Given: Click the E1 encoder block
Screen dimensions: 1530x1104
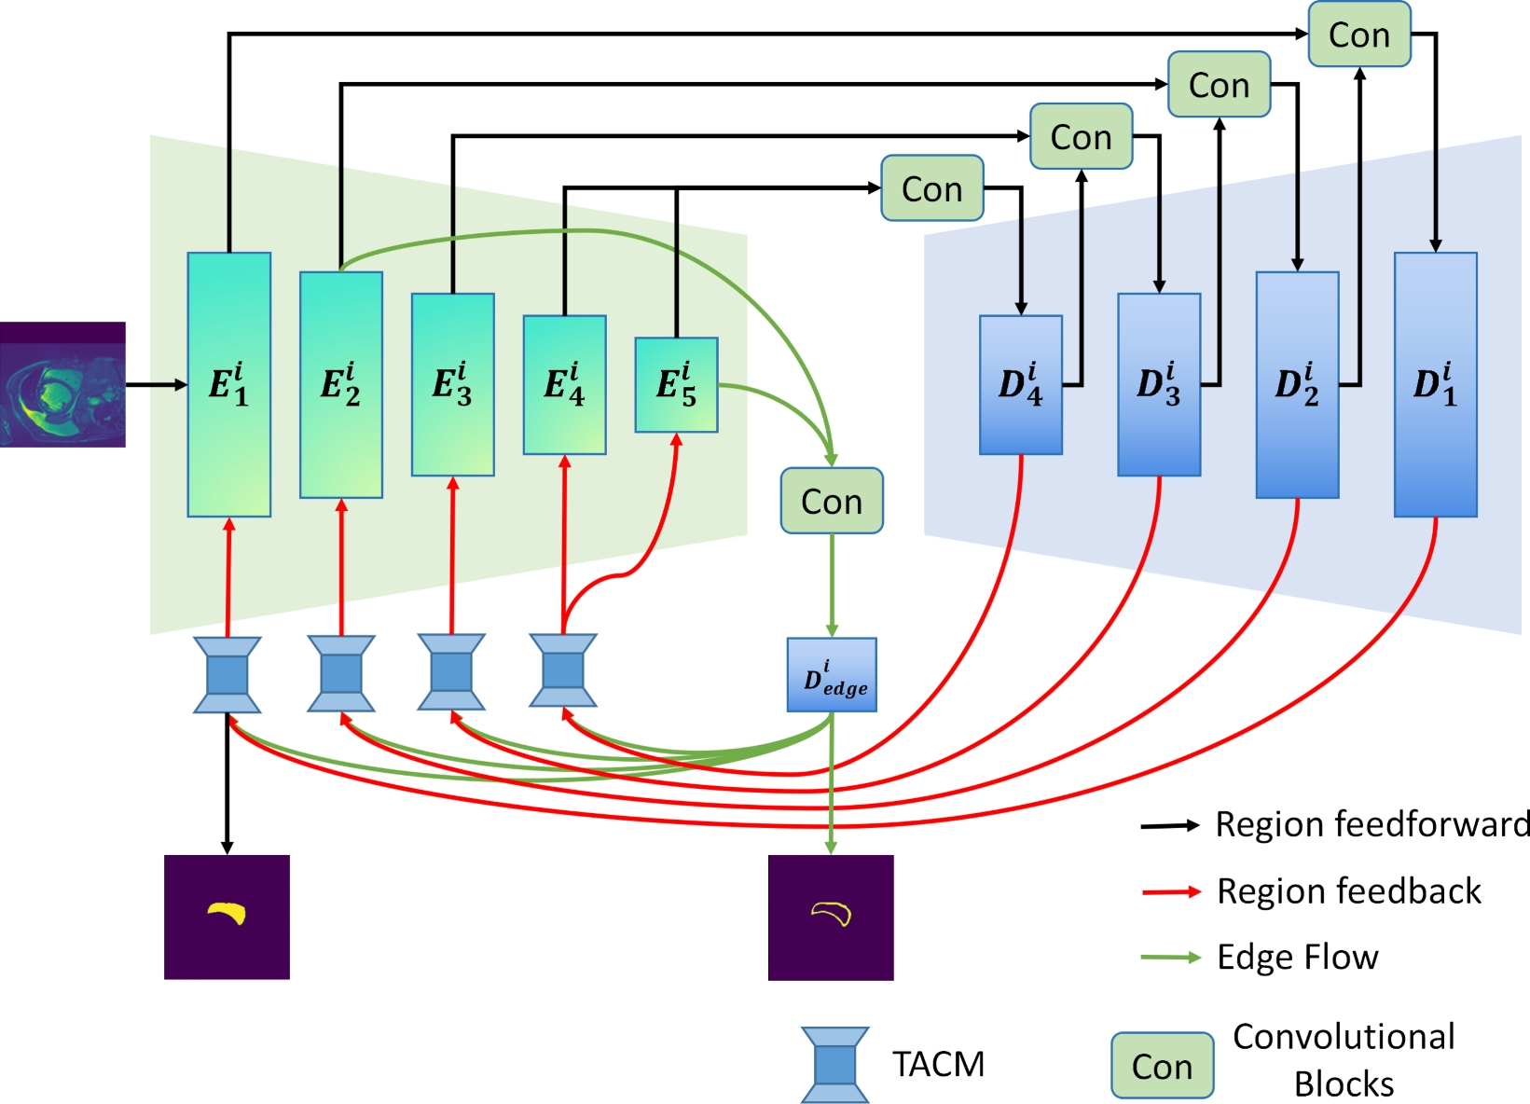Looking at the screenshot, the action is coord(229,384).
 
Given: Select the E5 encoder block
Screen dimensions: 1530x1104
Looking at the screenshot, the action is coord(676,384).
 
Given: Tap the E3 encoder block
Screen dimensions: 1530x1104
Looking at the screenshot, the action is coord(453,384).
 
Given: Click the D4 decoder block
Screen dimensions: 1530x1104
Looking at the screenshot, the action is coord(1020,384).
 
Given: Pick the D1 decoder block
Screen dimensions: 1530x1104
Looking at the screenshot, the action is coord(1436,384).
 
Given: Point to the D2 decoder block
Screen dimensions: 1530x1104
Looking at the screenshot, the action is coord(1297,384).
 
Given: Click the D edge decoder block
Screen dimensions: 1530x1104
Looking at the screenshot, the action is coord(832,675).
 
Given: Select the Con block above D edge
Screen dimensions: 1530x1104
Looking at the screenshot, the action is coord(832,501).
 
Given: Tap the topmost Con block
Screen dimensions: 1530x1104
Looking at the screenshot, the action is coord(1359,34).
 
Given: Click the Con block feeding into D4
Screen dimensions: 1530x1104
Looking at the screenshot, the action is coord(932,187).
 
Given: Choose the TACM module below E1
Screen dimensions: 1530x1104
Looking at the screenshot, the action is coord(227,675).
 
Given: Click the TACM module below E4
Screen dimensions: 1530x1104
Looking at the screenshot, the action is coord(563,670).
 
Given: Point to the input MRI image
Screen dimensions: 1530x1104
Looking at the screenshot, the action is coord(62,384).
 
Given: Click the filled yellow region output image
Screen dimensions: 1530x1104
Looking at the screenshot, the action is coord(227,917).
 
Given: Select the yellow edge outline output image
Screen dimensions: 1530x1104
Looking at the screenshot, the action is coord(832,918).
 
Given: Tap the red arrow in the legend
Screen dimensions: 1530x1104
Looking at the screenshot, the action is coord(1171,891).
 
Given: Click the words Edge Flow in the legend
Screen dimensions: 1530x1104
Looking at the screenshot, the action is coord(1298,957).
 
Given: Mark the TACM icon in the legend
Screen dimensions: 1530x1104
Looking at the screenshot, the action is coord(835,1065).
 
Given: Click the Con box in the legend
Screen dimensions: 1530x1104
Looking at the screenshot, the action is coord(1163,1065).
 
